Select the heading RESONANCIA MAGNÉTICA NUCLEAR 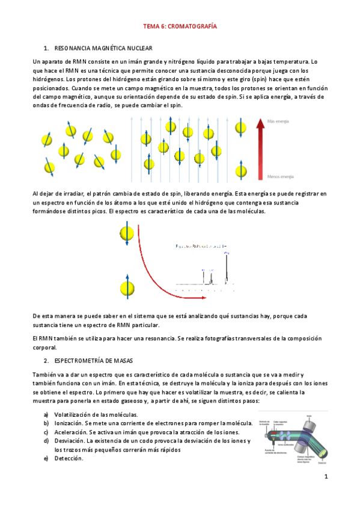pyautogui.click(x=103, y=48)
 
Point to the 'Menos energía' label pyautogui.click(x=280, y=177)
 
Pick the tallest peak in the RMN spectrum pyautogui.click(x=227, y=268)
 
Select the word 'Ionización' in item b pyautogui.click(x=69, y=423)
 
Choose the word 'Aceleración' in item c pyautogui.click(x=70, y=432)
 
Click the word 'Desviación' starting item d pyautogui.click(x=69, y=441)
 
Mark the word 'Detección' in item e pyautogui.click(x=68, y=458)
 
